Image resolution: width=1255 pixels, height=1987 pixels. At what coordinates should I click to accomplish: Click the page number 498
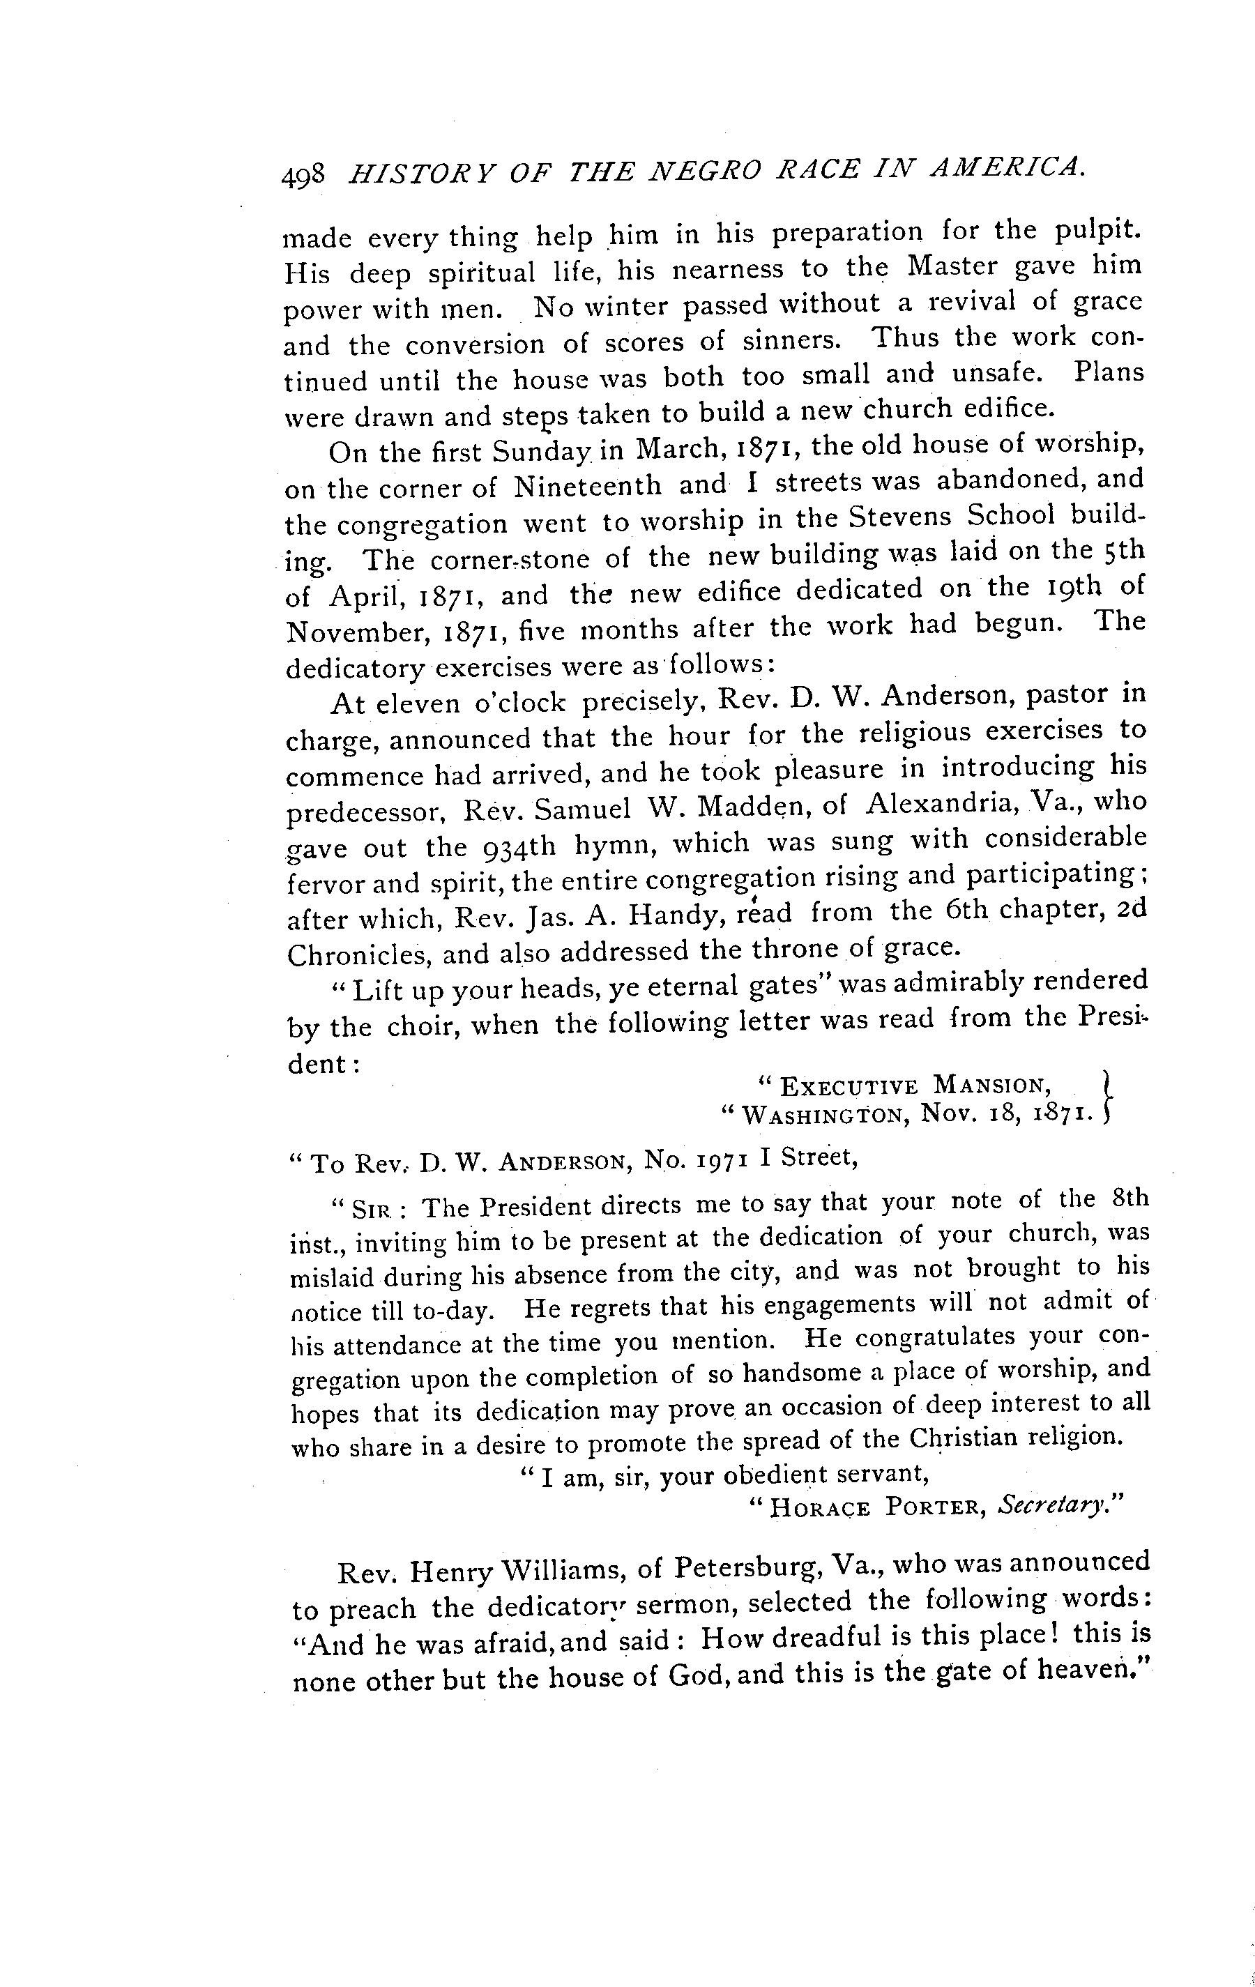(x=305, y=176)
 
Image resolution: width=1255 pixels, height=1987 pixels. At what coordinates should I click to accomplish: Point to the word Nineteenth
(x=588, y=486)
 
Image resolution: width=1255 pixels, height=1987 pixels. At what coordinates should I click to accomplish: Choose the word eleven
(x=418, y=704)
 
